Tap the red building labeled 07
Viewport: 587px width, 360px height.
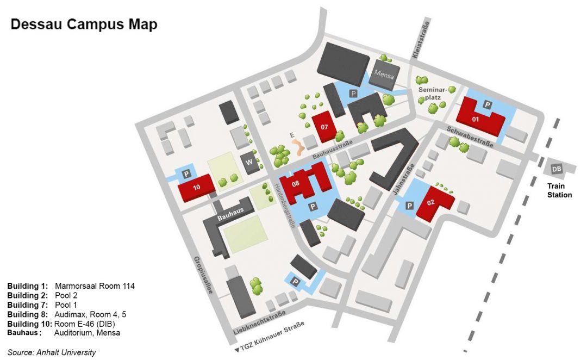[324, 127]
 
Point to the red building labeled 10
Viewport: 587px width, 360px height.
[196, 187]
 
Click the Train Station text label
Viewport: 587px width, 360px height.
[559, 190]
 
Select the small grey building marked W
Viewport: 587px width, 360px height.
[251, 163]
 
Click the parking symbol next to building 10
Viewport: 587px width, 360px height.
[186, 174]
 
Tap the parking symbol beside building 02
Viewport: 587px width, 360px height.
[410, 205]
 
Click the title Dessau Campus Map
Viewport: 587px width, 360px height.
[84, 24]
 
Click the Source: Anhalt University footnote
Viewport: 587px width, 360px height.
[52, 352]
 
